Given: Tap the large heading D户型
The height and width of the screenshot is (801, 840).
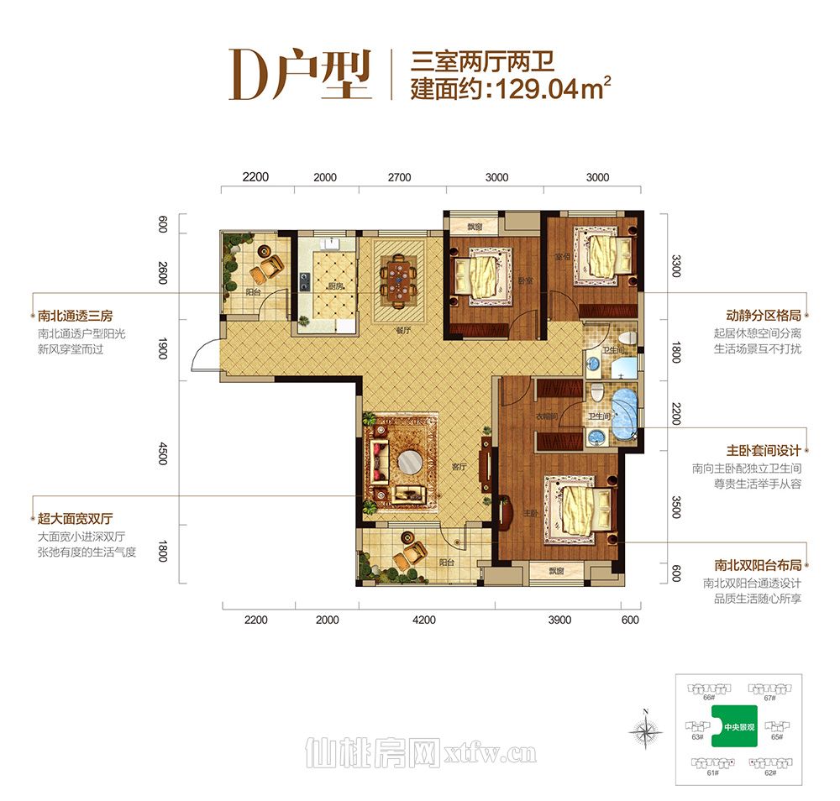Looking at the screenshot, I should click(x=299, y=76).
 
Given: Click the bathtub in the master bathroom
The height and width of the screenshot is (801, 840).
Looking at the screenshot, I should click(x=623, y=414).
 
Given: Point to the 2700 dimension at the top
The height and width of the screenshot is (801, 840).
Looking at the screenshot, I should click(x=399, y=177).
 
